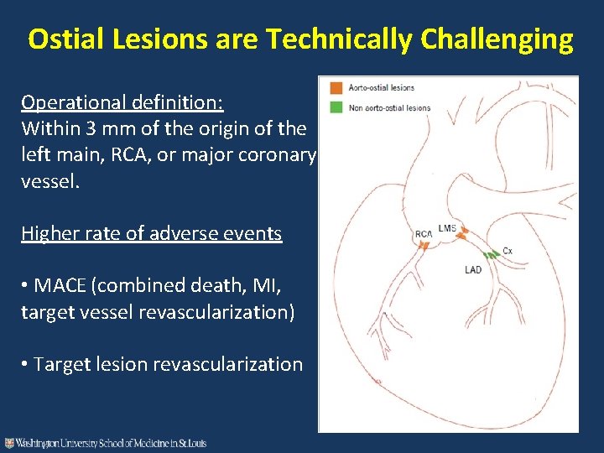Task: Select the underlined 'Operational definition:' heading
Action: (x=122, y=102)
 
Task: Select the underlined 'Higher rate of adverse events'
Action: (x=151, y=233)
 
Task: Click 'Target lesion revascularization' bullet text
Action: (x=168, y=364)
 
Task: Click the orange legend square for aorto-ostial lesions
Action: (x=336, y=87)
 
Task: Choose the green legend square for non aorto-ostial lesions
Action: (x=336, y=107)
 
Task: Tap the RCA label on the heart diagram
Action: (x=424, y=234)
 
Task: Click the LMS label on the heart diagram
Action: (x=447, y=228)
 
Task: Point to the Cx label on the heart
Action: (x=508, y=251)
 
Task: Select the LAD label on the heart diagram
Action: (x=473, y=270)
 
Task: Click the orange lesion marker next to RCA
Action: (x=424, y=245)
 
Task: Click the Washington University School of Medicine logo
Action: (x=106, y=443)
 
